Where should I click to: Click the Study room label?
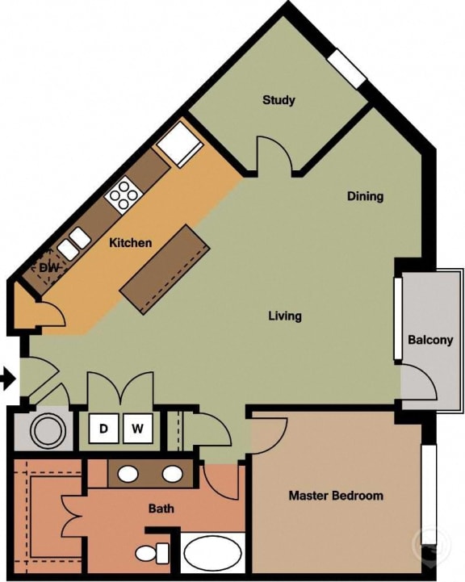pos(279,101)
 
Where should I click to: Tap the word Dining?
pos(365,196)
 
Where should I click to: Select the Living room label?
pos(285,316)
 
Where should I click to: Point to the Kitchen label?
pos(131,242)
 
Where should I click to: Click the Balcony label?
pos(429,340)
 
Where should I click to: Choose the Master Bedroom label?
pos(336,495)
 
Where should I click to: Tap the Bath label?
pos(161,509)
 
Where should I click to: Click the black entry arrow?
pos(7,378)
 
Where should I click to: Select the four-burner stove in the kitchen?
pos(124,194)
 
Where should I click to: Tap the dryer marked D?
pos(103,429)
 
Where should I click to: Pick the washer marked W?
pos(137,429)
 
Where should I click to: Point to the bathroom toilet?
pos(150,554)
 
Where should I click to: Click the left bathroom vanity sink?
pos(127,474)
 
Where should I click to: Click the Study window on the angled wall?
pos(347,68)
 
